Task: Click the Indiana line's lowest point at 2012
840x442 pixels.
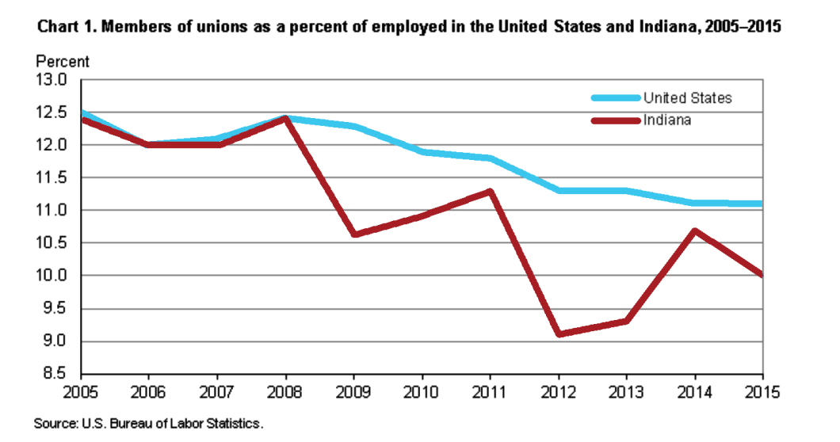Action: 559,334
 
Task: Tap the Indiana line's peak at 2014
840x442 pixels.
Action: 695,231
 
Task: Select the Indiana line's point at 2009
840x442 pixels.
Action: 353,234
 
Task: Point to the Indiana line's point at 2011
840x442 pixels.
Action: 491,191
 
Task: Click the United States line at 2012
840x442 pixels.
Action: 559,190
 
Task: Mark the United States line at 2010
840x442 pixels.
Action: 422,151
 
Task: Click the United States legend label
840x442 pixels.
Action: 687,98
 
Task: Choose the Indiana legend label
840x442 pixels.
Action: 667,120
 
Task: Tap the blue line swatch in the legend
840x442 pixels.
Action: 615,98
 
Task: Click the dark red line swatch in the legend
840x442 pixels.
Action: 615,120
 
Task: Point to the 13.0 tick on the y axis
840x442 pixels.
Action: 50,80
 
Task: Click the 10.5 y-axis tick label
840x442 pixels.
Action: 50,243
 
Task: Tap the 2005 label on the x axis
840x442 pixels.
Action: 81,391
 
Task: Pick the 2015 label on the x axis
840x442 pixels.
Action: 762,391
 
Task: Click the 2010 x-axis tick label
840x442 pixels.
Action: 422,391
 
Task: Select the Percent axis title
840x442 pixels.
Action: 63,62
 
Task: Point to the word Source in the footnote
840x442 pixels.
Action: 55,425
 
